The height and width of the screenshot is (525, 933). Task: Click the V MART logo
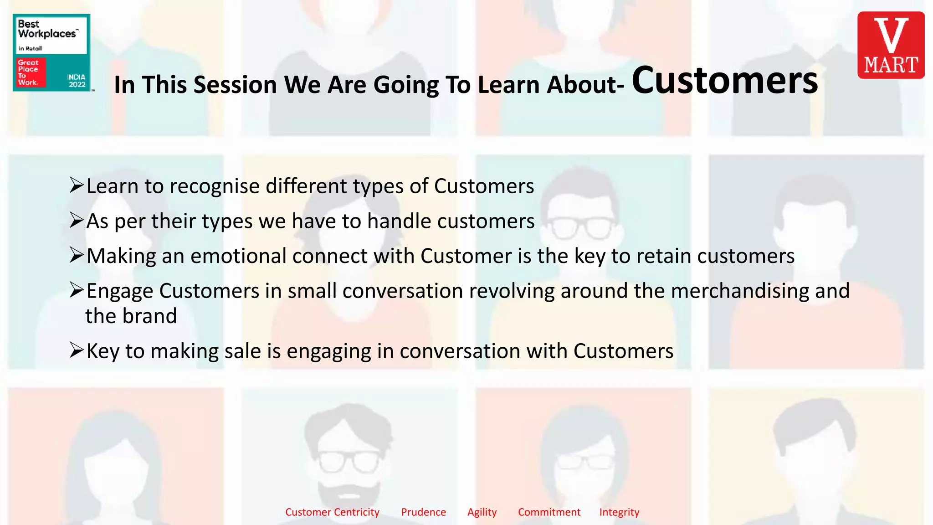891,45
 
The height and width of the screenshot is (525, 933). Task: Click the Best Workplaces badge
51,52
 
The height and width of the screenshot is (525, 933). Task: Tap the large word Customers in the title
724,81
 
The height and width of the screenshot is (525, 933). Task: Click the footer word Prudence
423,512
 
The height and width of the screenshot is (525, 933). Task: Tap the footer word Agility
482,512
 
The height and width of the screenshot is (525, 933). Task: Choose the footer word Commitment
549,512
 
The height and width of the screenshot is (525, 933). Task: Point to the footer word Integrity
619,512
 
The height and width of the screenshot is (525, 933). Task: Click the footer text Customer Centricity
332,512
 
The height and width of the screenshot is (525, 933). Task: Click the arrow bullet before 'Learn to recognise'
77,185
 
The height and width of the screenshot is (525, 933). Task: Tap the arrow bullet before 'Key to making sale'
77,350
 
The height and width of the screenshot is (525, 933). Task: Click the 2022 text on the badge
77,84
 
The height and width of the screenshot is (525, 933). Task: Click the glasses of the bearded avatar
349,461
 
